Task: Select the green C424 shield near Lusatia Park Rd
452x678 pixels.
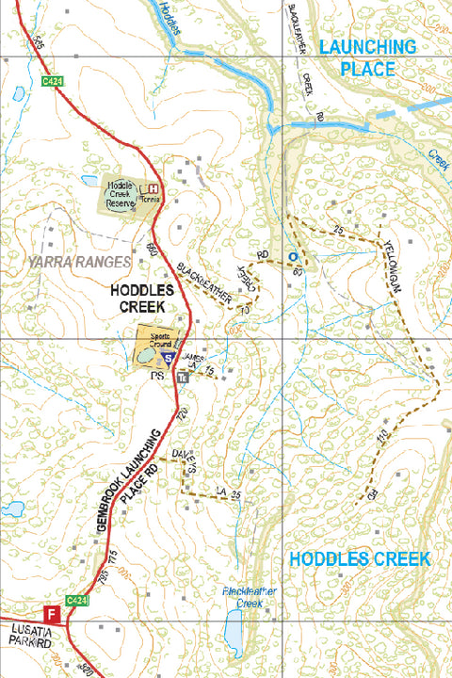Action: (77, 599)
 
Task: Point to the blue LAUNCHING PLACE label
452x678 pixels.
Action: (366, 57)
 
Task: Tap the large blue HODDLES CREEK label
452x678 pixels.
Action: (359, 558)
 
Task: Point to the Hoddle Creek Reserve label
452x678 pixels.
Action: (121, 192)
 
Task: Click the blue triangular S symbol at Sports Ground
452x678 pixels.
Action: (168, 359)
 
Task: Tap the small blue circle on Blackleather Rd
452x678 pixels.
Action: (293, 256)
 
